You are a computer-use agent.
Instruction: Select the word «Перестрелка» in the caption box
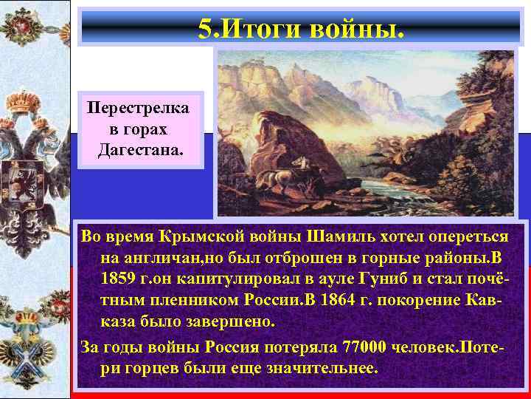point(139,108)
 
